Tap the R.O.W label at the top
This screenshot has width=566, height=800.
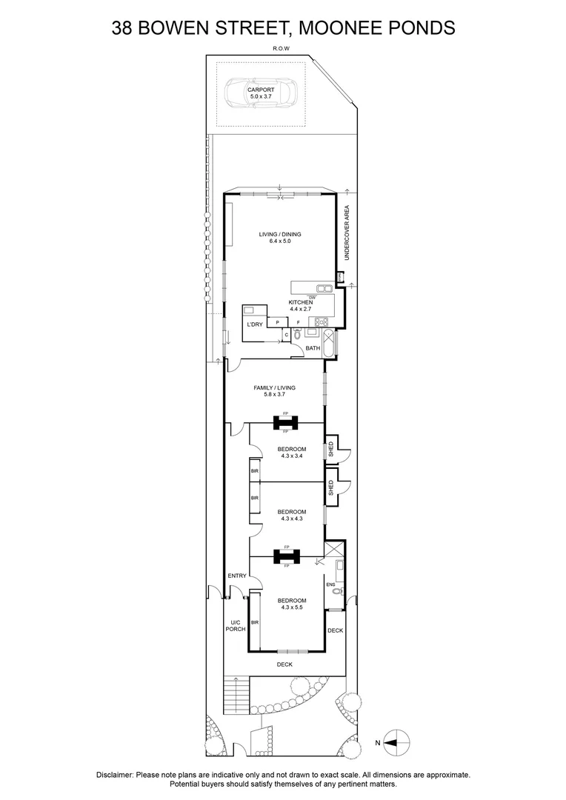pyautogui.click(x=280, y=50)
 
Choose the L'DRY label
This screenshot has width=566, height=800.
pyautogui.click(x=255, y=324)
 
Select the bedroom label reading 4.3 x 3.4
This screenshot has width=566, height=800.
pyautogui.click(x=292, y=453)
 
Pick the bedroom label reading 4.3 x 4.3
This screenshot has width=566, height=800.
pyautogui.click(x=292, y=515)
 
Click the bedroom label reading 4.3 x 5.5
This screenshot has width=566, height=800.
pyautogui.click(x=292, y=604)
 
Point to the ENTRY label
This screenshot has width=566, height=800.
pyautogui.click(x=237, y=576)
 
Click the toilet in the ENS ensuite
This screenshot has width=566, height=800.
pyautogui.click(x=337, y=592)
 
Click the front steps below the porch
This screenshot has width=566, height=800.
pyautogui.click(x=236, y=697)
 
